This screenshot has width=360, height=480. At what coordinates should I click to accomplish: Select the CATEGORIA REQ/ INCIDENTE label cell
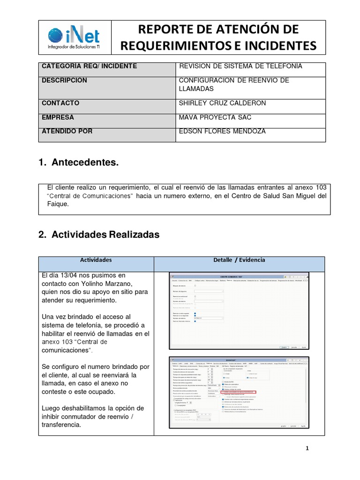[x=89, y=66]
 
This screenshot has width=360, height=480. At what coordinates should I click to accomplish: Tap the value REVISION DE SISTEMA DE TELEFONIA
[x=240, y=66]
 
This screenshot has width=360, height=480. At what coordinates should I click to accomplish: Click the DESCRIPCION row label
[x=64, y=80]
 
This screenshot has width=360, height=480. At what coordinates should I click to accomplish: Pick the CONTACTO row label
[x=60, y=103]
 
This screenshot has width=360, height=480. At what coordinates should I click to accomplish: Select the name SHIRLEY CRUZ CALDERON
[x=223, y=103]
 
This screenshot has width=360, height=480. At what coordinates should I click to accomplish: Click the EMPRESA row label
[x=58, y=117]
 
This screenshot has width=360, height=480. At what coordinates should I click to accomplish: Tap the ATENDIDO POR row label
[x=67, y=131]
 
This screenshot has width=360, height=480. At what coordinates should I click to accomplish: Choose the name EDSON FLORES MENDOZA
[x=222, y=131]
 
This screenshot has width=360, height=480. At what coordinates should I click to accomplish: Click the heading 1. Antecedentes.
[x=78, y=163]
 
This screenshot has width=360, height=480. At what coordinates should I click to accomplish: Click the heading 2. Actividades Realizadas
[x=99, y=235]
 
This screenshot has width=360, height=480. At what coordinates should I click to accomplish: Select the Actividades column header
[x=96, y=259]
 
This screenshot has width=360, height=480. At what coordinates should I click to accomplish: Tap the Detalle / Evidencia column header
[x=239, y=259]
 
